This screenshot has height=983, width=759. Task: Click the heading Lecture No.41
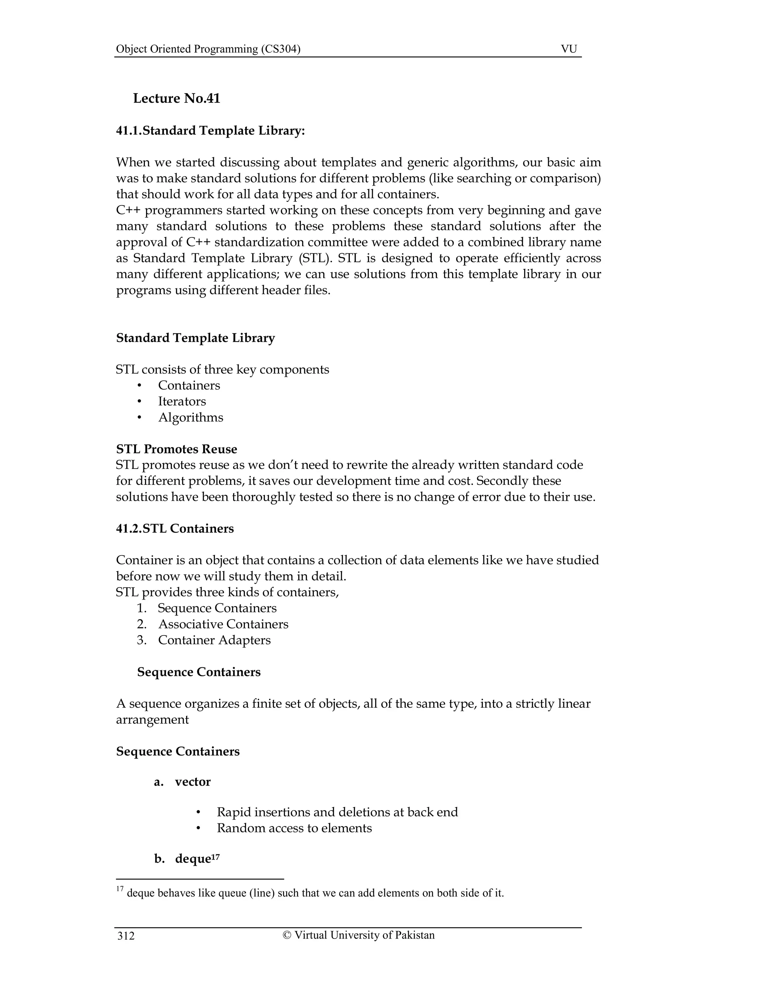click(x=176, y=99)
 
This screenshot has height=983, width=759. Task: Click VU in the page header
click(x=569, y=49)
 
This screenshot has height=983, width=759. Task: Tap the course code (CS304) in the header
click(x=281, y=49)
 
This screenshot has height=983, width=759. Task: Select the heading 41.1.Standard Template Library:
click(x=211, y=131)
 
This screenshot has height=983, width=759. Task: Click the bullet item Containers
click(x=189, y=386)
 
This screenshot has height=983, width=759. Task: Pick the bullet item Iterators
click(x=182, y=401)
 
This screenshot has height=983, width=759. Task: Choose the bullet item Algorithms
click(x=190, y=418)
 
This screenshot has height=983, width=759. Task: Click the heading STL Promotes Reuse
click(x=176, y=449)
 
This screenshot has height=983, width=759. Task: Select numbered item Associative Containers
click(x=223, y=624)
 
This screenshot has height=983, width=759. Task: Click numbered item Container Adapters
click(x=214, y=640)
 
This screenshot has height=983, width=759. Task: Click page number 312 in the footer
click(x=126, y=936)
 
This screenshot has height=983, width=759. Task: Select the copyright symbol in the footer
click(x=286, y=935)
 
